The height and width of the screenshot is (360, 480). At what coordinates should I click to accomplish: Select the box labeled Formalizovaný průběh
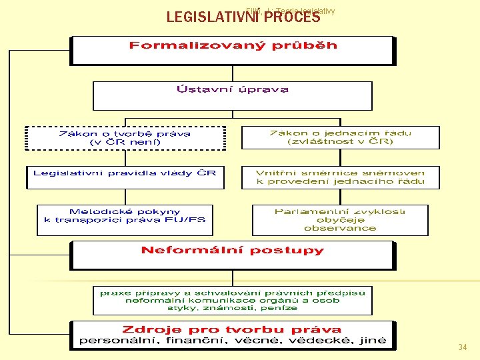coord(233,49)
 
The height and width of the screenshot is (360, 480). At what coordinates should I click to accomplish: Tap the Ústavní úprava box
coord(232,95)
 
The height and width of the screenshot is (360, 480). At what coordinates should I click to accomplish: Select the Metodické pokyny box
coord(125,219)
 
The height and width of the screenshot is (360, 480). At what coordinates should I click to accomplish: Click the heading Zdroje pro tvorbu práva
coord(233,329)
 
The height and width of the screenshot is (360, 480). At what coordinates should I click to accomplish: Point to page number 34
coord(463,347)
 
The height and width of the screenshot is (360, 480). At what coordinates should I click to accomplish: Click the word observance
coord(340,228)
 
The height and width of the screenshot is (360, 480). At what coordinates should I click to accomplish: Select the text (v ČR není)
coord(125,142)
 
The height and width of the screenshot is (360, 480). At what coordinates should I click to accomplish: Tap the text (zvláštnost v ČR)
coord(340,142)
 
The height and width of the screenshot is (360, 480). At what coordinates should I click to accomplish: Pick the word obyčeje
coord(340,220)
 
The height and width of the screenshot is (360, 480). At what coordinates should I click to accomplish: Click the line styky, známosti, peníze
coord(233,308)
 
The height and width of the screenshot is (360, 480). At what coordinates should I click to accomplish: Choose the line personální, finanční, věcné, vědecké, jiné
coord(233,341)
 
